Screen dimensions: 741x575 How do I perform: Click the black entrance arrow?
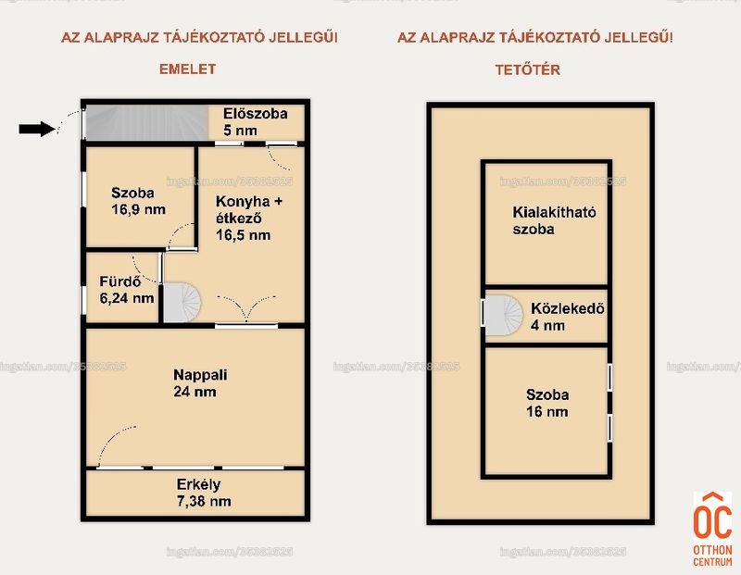(x=37, y=129)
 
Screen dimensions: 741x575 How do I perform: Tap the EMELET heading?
(x=188, y=69)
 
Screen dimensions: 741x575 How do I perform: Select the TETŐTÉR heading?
(x=527, y=70)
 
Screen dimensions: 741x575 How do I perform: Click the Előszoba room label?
(x=256, y=114)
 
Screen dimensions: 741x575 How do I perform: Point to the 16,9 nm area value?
(x=138, y=210)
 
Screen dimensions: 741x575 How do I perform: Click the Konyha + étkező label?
(x=249, y=210)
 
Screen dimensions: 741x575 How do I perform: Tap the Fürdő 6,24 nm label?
(x=127, y=290)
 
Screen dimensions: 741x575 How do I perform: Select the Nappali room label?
(x=200, y=375)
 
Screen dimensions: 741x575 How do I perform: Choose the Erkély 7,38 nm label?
(x=204, y=493)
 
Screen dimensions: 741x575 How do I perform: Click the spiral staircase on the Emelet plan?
(x=182, y=303)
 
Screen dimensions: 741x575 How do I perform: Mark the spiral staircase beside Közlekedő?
(x=504, y=315)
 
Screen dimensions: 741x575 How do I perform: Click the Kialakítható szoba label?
(x=554, y=220)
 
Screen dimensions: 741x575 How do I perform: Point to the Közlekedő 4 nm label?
(x=568, y=317)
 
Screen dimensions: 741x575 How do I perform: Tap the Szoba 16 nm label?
(x=547, y=403)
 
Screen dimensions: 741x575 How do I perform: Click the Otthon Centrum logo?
(x=712, y=529)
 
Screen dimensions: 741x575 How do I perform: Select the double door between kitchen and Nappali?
(x=246, y=309)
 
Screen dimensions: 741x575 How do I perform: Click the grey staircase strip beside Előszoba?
(x=147, y=123)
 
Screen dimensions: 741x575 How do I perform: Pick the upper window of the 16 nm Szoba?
(x=609, y=378)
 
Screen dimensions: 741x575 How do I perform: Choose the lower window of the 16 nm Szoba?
(x=609, y=428)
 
